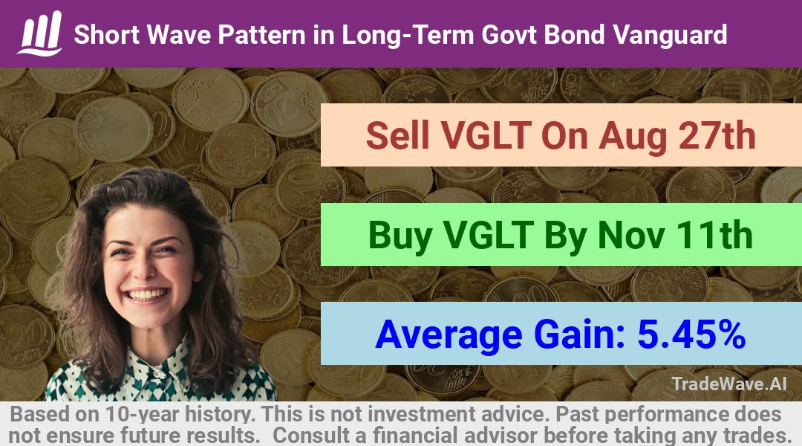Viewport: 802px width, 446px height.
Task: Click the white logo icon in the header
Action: [40, 33]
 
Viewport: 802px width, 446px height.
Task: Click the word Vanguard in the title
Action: [670, 35]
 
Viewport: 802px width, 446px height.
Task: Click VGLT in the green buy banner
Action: [489, 235]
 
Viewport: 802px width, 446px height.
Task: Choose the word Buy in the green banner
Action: [400, 236]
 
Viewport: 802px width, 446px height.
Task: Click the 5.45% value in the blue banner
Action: [691, 334]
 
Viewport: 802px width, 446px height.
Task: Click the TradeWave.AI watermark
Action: [729, 384]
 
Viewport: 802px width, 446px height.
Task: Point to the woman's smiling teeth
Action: [147, 295]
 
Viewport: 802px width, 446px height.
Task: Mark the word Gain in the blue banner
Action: [579, 334]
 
